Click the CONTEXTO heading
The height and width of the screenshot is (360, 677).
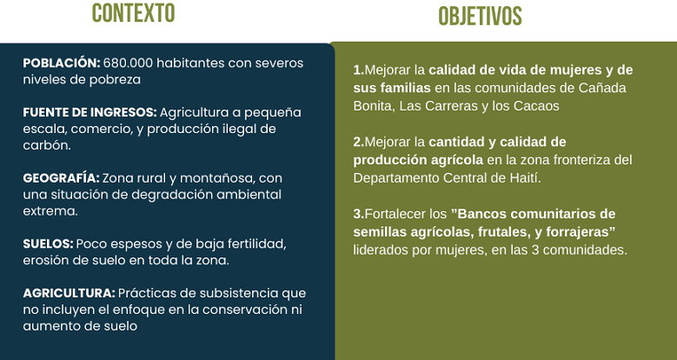(x=134, y=13)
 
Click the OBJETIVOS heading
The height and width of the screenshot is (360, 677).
(x=480, y=17)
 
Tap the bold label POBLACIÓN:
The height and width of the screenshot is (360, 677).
(x=62, y=63)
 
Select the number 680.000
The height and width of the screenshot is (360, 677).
(x=129, y=63)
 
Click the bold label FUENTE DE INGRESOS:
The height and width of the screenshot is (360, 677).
(x=90, y=112)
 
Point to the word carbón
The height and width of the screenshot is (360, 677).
(x=47, y=145)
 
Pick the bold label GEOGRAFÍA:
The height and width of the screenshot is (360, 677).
(x=62, y=178)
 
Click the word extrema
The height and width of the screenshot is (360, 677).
(x=50, y=211)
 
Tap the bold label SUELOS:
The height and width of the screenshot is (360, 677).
(x=48, y=243)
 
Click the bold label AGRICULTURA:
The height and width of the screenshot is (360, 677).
(x=69, y=293)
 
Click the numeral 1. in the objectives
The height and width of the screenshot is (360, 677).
(x=359, y=70)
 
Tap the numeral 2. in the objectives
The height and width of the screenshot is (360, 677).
(x=359, y=143)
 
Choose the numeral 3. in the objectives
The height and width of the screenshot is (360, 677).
(x=359, y=214)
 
